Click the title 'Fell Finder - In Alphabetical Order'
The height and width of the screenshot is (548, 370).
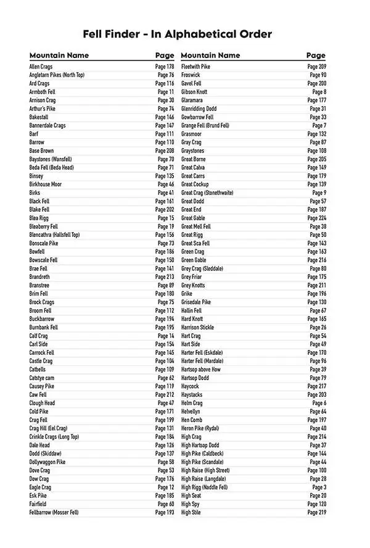coord(177,35)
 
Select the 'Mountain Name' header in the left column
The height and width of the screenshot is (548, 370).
coord(59,56)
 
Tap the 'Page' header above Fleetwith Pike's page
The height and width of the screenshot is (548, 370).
coord(316,56)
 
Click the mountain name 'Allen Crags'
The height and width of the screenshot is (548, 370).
coord(41,67)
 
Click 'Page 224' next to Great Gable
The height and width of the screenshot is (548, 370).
coord(317,218)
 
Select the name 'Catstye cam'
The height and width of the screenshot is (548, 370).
coord(42,378)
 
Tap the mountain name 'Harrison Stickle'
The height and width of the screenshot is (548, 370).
coord(198,328)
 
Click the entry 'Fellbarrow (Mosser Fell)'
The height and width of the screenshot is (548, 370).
coord(54,513)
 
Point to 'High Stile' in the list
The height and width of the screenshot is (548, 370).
coord(191,513)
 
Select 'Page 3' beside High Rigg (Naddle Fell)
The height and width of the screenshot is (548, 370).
coord(319,488)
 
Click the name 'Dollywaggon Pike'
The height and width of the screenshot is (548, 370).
coord(47,462)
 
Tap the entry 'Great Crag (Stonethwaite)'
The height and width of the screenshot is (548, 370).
coord(207,193)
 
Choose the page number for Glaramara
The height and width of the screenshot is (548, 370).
coord(317,101)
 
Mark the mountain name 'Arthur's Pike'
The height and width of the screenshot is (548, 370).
coord(42,109)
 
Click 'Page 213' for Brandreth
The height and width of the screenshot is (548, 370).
coord(165,277)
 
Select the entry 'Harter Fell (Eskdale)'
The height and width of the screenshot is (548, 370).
coord(202,353)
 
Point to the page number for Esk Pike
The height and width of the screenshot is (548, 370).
coord(165,496)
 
